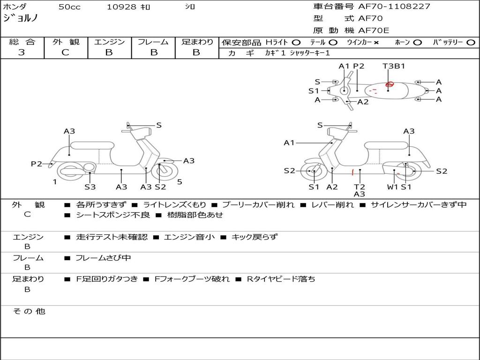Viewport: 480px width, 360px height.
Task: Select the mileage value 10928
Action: pos(121,7)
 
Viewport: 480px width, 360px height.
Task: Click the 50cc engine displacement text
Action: pos(69,7)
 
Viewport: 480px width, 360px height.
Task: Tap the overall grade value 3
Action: pos(22,52)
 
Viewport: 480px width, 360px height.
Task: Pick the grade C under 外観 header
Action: pos(65,52)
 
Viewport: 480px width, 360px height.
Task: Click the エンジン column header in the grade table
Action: pos(110,42)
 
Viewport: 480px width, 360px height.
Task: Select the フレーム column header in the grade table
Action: pos(153,42)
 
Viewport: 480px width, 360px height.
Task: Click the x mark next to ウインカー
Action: pos(376,42)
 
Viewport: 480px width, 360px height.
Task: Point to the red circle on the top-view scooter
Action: pos(389,84)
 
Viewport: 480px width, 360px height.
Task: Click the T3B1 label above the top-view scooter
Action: pos(394,66)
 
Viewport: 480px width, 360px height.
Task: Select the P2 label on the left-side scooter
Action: pos(37,164)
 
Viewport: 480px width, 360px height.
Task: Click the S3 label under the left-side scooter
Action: pos(90,187)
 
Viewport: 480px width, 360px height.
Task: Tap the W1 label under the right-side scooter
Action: pos(392,187)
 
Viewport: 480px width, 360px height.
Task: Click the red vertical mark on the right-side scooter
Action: pos(352,172)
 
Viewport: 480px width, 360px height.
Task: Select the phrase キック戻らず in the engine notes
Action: pos(254,237)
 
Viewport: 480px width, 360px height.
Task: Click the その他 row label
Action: pos(29,311)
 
